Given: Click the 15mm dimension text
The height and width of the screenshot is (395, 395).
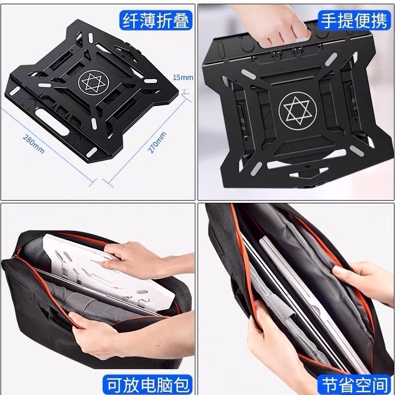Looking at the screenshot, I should (x=183, y=77).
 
